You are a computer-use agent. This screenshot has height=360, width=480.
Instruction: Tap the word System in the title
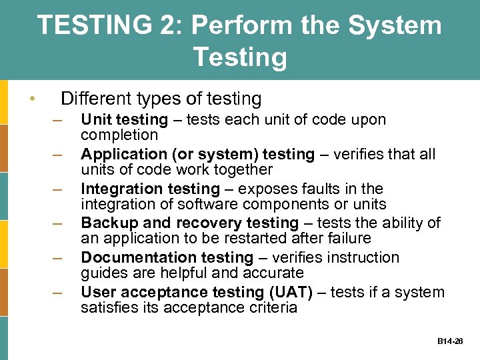pyautogui.click(x=401, y=26)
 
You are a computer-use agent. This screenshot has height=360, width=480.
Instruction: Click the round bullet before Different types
pyautogui.click(x=33, y=100)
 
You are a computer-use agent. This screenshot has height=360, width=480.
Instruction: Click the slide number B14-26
pyautogui.click(x=451, y=341)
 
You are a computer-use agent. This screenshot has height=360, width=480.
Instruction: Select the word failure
pyautogui.click(x=348, y=239)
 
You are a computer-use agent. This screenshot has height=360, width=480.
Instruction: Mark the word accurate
pyautogui.click(x=275, y=273)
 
